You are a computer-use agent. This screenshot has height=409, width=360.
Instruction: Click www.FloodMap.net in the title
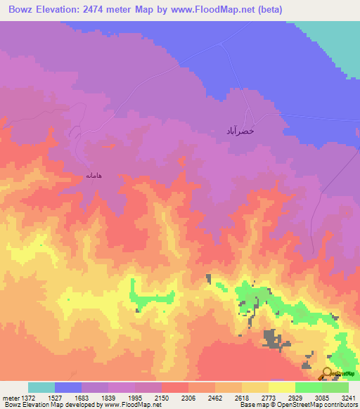pyautogui.click(x=237, y=10)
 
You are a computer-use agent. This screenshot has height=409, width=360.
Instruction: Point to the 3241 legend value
pyautogui.click(x=347, y=398)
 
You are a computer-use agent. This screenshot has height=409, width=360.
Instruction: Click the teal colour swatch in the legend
pyautogui.click(x=41, y=387)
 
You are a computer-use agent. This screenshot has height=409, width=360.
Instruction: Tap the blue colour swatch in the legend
pyautogui.click(x=68, y=387)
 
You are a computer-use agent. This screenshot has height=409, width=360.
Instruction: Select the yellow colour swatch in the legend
pyautogui.click(x=281, y=387)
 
